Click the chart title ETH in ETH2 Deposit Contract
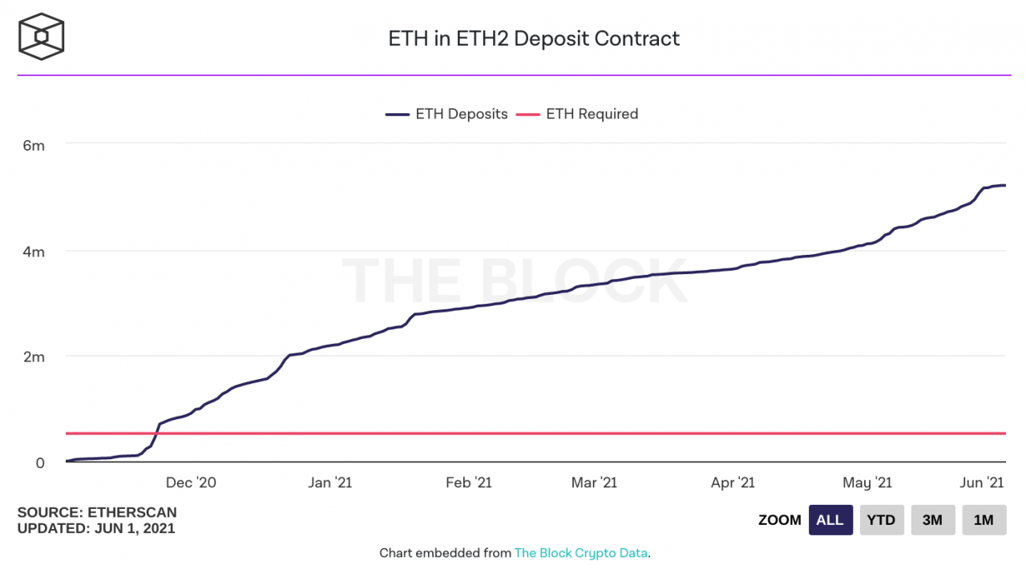[x=534, y=38]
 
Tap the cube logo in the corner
[x=41, y=37]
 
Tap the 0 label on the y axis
[x=39, y=462]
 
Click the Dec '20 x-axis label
[x=191, y=482]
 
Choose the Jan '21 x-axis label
[x=330, y=482]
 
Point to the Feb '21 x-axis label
[x=469, y=482]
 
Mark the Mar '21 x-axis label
[x=595, y=482]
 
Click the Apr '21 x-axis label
[x=733, y=482]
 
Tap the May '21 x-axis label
[x=867, y=482]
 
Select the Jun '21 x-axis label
[x=983, y=482]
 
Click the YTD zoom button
[x=882, y=520]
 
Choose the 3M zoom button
[x=932, y=520]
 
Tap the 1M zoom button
[x=984, y=520]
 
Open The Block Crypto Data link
[x=580, y=553]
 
